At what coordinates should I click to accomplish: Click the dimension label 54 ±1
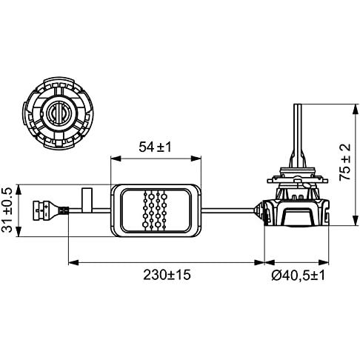tap(155, 147)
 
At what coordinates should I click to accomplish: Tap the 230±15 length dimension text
tap(167, 275)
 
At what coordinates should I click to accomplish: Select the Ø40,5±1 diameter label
tap(299, 276)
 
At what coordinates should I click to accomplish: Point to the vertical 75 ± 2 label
tap(345, 162)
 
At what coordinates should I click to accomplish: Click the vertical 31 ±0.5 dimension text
tap(7, 210)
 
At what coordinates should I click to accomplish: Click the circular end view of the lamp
tap(58, 113)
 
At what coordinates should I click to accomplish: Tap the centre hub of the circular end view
tap(59, 113)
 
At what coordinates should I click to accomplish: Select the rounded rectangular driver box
tap(156, 210)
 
